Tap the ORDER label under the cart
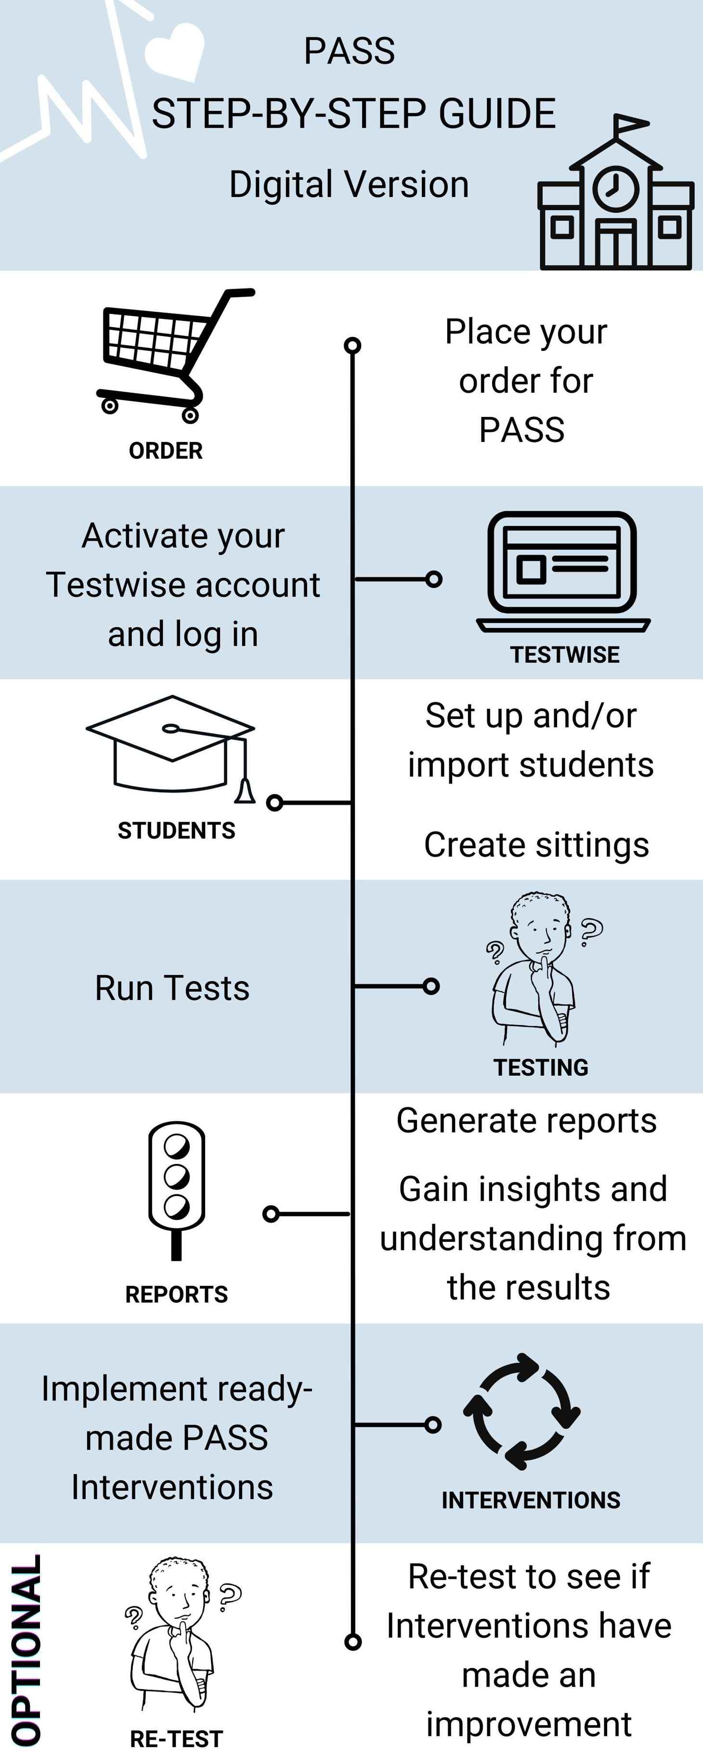point(166,451)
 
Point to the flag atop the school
point(629,125)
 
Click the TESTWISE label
point(565,654)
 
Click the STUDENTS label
point(176,830)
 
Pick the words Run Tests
point(172,988)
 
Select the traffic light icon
point(176,1188)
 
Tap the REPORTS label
point(176,1294)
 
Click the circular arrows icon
point(521,1411)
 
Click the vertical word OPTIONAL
point(26,1649)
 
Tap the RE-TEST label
point(176,1738)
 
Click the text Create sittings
point(536,845)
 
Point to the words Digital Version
point(349,185)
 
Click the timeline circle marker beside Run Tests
point(430,986)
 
